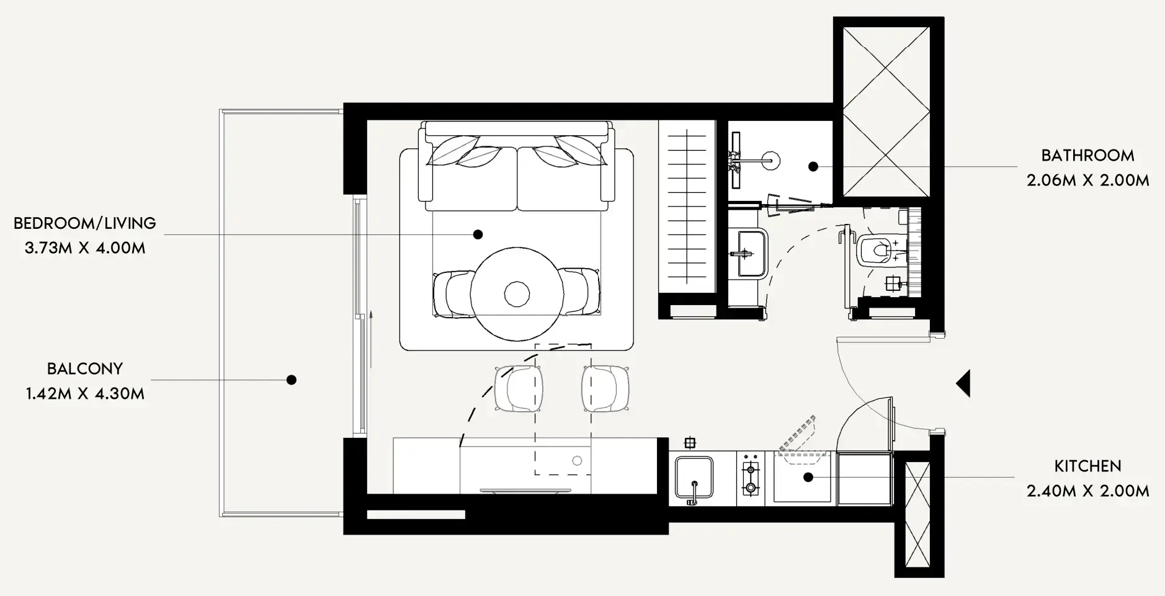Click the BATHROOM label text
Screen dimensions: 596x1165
pyautogui.click(x=1087, y=155)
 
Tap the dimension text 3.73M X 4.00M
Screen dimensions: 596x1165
pyautogui.click(x=85, y=248)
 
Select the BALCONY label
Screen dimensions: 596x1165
pyautogui.click(x=85, y=368)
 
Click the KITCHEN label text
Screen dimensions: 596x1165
pyautogui.click(x=1087, y=466)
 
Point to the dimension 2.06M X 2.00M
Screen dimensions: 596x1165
pyautogui.click(x=1087, y=180)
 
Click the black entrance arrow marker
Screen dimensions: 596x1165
pyautogui.click(x=963, y=383)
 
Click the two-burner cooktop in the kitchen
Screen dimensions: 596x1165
pyautogui.click(x=751, y=478)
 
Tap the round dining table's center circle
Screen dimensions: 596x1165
pyautogui.click(x=516, y=294)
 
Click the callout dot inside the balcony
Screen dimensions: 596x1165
pyautogui.click(x=291, y=380)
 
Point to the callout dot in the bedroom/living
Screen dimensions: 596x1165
pyautogui.click(x=478, y=234)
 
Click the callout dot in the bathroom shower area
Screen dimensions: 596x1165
pyautogui.click(x=813, y=166)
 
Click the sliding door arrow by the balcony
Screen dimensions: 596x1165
pyautogui.click(x=370, y=338)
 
